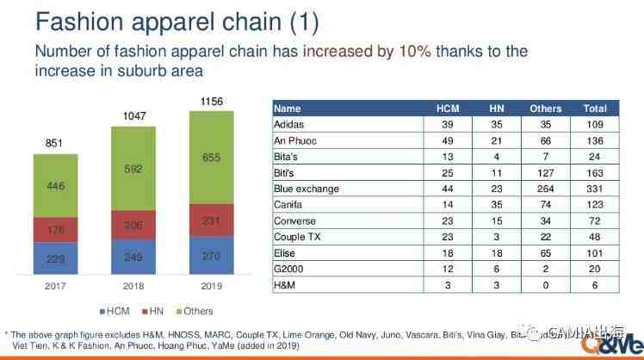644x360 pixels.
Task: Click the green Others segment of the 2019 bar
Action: (x=211, y=158)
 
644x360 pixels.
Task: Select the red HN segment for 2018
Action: (x=133, y=223)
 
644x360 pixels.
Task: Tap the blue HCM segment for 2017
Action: (x=55, y=256)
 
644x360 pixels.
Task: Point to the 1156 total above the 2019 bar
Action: (x=211, y=102)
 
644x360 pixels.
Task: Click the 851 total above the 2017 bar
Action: (x=54, y=144)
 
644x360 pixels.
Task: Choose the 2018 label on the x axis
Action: (x=133, y=287)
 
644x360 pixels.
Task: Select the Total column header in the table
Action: (x=594, y=109)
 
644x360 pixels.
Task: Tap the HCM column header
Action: (x=448, y=109)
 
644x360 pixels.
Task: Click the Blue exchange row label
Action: (x=306, y=188)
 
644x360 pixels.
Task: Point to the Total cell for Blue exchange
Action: (x=594, y=188)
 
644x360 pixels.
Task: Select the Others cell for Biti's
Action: (x=546, y=172)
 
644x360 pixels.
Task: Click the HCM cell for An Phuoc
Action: (x=448, y=140)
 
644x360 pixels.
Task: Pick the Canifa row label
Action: (x=288, y=204)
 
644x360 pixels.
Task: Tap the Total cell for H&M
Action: (x=594, y=284)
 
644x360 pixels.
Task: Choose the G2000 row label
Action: (x=288, y=268)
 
